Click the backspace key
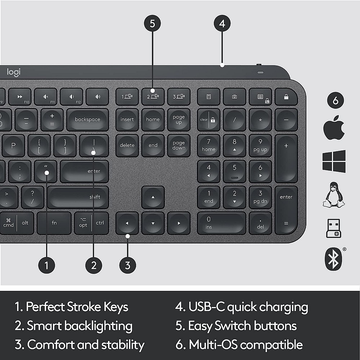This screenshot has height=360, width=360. click(87, 120)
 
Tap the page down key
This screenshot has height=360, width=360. click(179, 145)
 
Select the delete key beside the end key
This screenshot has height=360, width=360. click(127, 145)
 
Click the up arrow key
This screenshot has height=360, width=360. click(153, 197)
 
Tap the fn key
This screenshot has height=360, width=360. click(54, 223)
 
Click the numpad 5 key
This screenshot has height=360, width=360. click(234, 171)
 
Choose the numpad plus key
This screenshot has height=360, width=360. click(286, 158)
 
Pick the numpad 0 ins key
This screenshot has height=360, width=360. click(221, 223)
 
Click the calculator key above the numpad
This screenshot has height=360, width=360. click(208, 96)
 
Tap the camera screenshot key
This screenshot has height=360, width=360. click(234, 96)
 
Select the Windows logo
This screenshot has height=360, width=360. click(334, 161)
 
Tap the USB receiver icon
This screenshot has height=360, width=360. click(333, 228)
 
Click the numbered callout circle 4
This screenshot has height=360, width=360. click(222, 23)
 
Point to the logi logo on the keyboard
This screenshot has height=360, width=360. click(14, 72)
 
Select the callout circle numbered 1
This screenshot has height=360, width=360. click(46, 266)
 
